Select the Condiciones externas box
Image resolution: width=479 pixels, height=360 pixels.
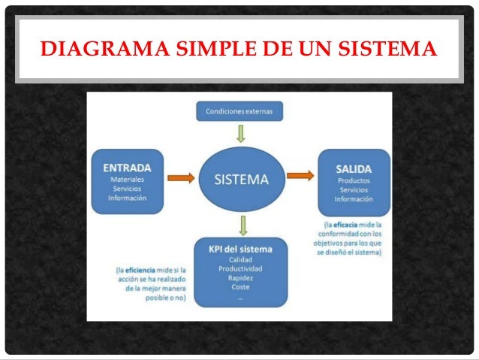240,112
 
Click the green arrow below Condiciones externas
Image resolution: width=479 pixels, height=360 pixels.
240,134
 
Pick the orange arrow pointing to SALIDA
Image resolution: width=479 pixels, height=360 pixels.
300,176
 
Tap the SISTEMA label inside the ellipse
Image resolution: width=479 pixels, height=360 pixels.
240,179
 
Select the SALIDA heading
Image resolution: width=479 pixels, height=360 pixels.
353,166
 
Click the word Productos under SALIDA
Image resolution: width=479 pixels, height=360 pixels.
353,181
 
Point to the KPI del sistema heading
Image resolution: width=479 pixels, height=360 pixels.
240,249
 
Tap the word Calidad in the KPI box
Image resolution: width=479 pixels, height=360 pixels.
240,260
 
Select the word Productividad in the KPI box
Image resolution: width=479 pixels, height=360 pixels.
240,269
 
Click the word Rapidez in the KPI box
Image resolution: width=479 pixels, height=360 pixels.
240,278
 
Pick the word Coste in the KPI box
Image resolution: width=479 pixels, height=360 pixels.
240,287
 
